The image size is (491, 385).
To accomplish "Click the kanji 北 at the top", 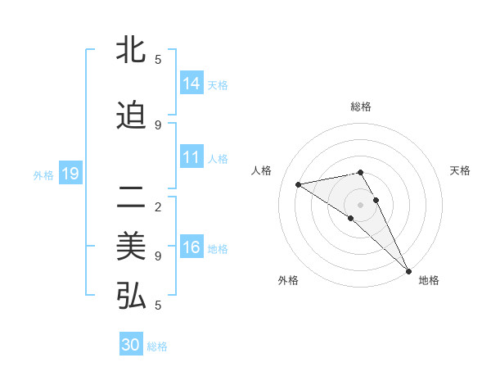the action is click(131, 51).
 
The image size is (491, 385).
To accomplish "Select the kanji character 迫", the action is click(131, 116).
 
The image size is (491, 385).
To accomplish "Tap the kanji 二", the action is click(131, 197).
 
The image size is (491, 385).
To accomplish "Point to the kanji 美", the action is click(131, 246).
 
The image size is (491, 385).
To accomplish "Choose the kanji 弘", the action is click(131, 296).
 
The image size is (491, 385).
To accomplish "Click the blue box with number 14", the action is click(191, 84).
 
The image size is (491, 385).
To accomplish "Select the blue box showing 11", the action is click(191, 157).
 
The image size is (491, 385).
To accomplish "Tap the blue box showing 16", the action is click(191, 247).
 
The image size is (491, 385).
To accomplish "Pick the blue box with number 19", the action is click(70, 174).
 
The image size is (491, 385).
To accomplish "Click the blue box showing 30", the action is click(131, 345).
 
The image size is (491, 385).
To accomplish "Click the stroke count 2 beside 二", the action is click(158, 206).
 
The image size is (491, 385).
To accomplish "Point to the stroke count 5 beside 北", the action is click(158, 59).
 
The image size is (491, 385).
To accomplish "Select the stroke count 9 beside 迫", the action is click(158, 125).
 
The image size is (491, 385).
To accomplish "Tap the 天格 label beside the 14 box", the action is click(218, 84).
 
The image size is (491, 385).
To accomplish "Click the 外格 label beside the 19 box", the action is click(43, 174).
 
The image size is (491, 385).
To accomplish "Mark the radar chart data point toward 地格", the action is click(408, 270).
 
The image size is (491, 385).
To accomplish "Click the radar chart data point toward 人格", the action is click(299, 184).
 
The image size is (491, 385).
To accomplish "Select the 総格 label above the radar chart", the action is click(361, 106).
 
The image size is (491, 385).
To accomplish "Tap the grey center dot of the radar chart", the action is click(360, 204).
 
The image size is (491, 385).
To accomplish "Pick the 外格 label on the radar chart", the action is click(288, 280).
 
